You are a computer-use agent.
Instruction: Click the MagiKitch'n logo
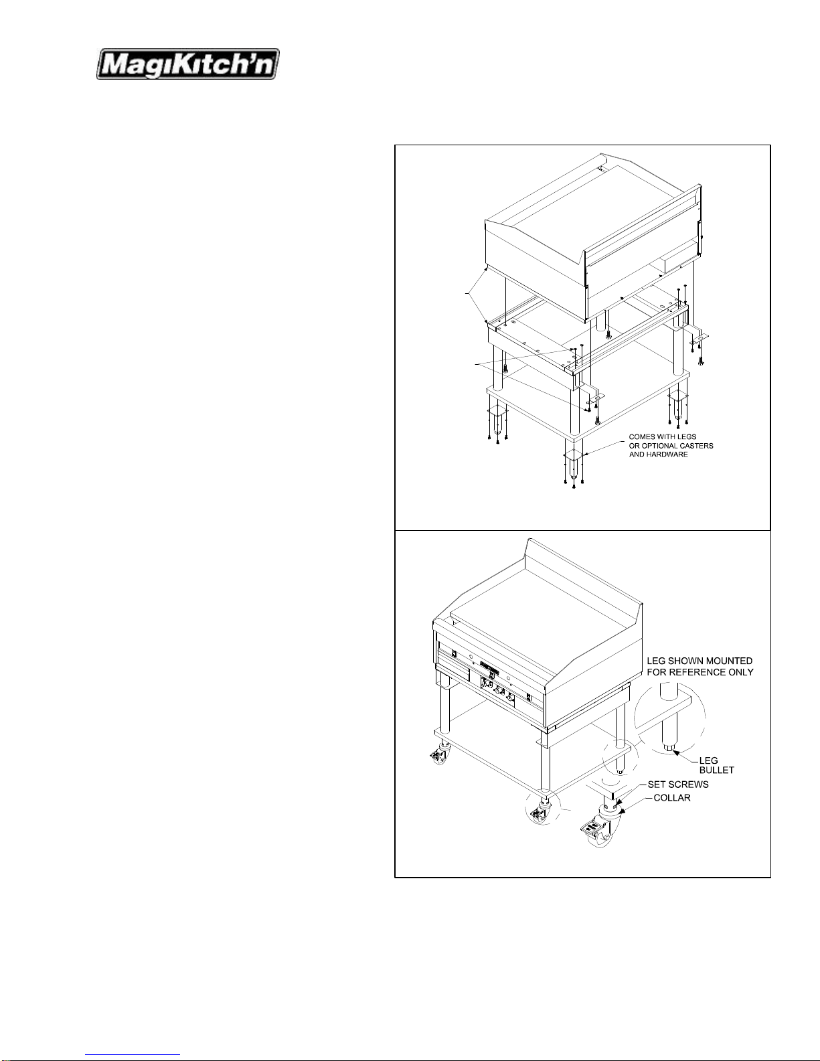(188, 64)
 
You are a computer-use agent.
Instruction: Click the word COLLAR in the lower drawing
(672, 798)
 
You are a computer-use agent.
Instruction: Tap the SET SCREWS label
(678, 784)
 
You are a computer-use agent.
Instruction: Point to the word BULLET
(716, 770)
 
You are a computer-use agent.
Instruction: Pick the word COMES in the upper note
(641, 437)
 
